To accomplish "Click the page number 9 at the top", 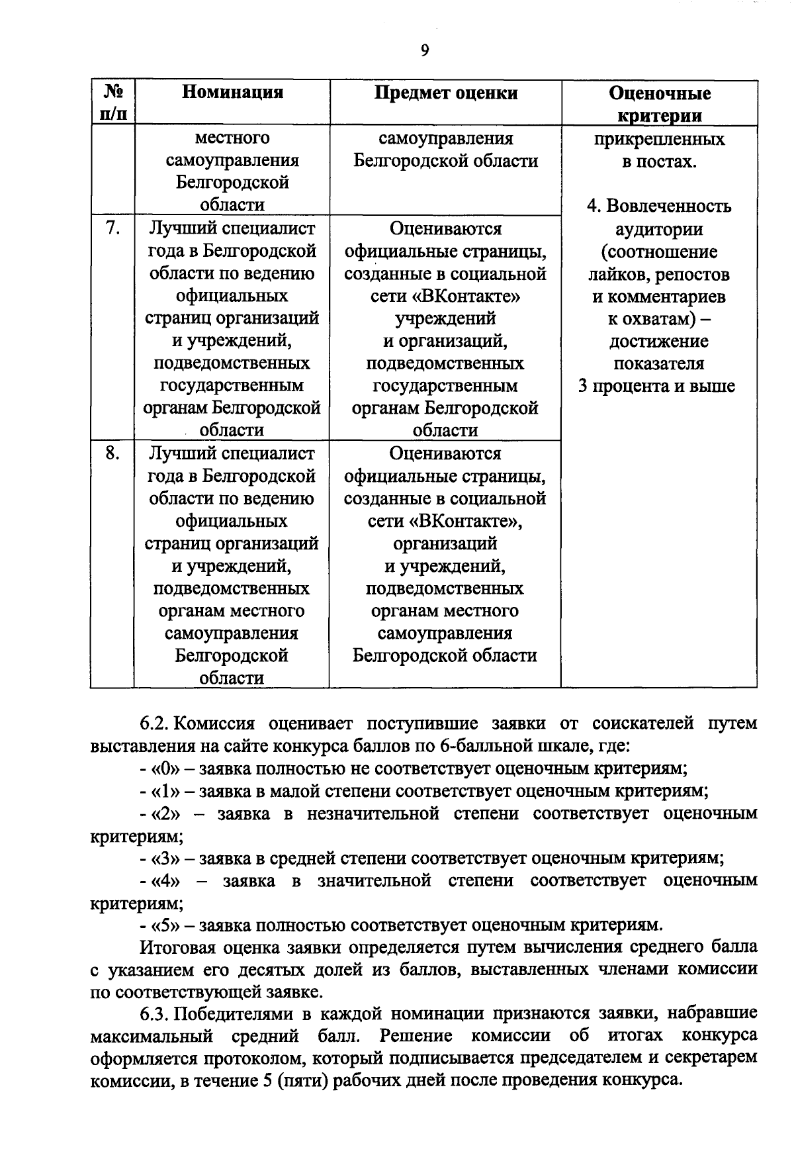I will pos(424,51).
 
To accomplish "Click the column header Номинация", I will pos(232,92).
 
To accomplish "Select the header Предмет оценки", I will pos(445,92).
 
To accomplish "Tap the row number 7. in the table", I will pos(112,228).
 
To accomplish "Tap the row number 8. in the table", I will pos(112,453).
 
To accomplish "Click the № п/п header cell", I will pos(112,103).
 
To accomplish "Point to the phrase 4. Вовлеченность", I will pos(658,206).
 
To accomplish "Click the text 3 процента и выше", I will pos(656,386).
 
